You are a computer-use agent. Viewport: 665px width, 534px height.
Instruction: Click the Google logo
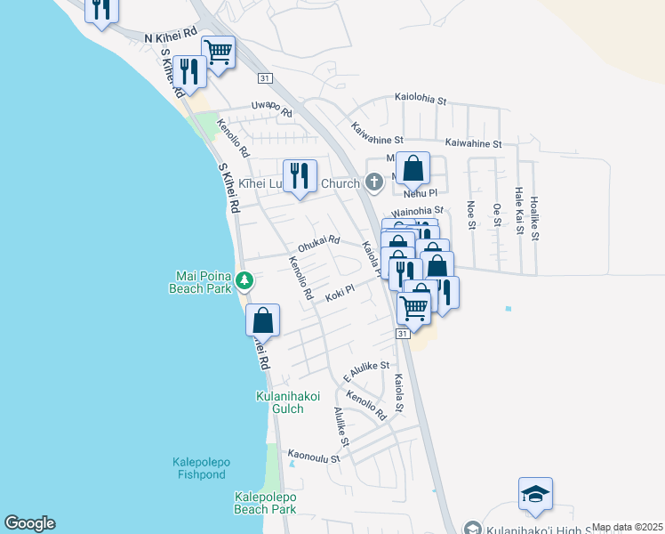tap(29, 523)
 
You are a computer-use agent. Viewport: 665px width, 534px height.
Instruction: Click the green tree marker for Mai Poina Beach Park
tap(244, 282)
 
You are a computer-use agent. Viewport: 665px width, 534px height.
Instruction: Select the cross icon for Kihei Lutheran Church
tap(374, 183)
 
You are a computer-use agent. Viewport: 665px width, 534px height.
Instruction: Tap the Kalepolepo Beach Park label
tap(265, 504)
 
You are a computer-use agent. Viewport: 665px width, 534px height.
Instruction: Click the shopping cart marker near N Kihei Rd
tap(218, 52)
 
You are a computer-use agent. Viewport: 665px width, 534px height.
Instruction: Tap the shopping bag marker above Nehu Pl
tap(413, 167)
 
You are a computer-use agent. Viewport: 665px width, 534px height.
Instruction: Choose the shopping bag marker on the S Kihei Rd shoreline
tap(262, 320)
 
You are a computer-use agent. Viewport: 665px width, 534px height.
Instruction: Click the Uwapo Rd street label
tap(272, 109)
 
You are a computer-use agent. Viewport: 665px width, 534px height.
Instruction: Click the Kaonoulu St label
tap(314, 457)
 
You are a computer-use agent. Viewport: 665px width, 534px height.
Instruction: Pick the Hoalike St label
tap(533, 218)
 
